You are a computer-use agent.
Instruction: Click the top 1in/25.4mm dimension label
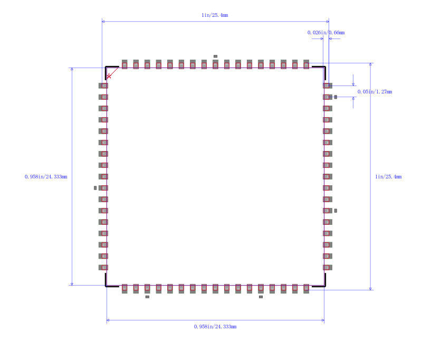(x=215, y=15)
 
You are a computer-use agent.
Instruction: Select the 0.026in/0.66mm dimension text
(x=326, y=33)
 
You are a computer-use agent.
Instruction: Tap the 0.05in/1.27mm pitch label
(x=375, y=92)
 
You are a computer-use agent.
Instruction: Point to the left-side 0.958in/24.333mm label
(x=46, y=177)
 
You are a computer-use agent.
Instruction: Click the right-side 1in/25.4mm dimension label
(x=388, y=177)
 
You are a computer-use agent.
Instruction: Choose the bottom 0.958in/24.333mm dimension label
(x=215, y=327)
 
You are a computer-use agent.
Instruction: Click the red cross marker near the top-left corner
(x=109, y=76)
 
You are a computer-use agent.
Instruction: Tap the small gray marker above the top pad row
(x=215, y=56)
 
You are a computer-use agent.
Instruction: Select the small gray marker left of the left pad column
(x=95, y=188)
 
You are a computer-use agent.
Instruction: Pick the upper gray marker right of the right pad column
(x=335, y=97)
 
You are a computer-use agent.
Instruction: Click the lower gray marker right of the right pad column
(x=335, y=211)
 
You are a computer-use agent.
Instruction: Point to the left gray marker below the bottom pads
(x=147, y=297)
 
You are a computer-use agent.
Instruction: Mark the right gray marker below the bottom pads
(x=261, y=297)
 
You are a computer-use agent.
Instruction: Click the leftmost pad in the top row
(x=124, y=64)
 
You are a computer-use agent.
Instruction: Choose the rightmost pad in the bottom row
(x=306, y=288)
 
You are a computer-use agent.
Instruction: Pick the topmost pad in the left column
(x=103, y=86)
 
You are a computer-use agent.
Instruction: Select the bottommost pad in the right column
(x=327, y=268)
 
